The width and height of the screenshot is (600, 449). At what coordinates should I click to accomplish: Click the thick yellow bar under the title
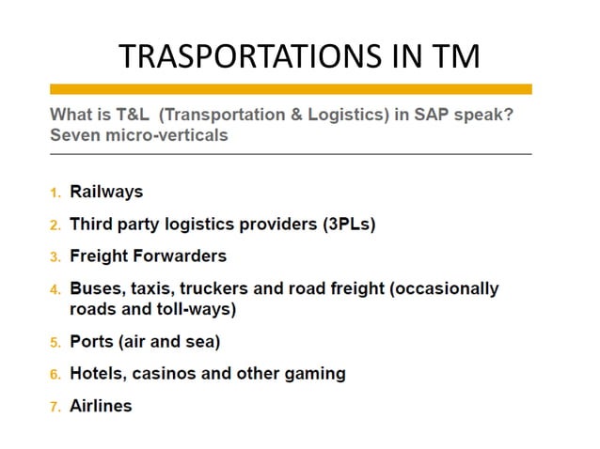coord(291,89)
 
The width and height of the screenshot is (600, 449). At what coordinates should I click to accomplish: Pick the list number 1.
coord(55,193)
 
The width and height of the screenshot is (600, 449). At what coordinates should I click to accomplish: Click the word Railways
coord(106,192)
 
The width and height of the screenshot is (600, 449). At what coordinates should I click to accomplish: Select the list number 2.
coord(55,224)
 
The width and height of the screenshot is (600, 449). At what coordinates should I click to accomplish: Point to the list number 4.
coord(55,288)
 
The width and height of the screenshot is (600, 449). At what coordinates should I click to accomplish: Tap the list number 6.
coord(55,374)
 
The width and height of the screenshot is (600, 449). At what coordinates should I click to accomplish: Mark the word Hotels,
coord(97,373)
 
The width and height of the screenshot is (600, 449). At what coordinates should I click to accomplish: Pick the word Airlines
coord(101,406)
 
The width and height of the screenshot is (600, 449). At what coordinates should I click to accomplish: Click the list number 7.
coord(55,407)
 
